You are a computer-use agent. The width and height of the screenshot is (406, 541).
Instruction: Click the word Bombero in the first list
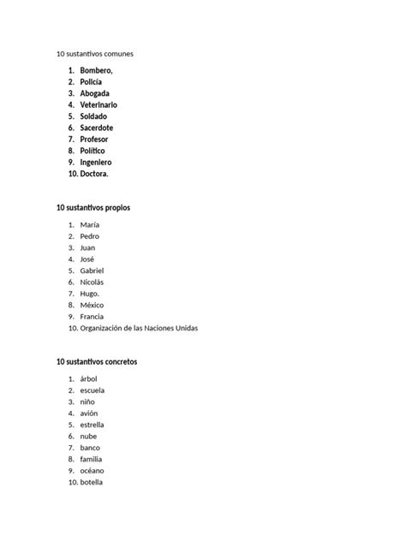[x=96, y=70]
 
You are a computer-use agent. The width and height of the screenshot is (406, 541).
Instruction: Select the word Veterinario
[x=99, y=104]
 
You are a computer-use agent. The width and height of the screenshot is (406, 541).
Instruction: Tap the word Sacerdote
[x=96, y=128]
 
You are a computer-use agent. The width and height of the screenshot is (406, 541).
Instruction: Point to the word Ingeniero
[x=96, y=162]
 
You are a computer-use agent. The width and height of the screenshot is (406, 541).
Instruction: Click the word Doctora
[x=94, y=174]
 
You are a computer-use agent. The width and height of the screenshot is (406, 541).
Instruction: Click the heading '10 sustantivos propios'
[x=93, y=208]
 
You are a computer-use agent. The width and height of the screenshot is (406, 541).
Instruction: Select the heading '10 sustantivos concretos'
[x=97, y=362]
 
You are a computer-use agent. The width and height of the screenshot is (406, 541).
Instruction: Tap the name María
[x=90, y=224]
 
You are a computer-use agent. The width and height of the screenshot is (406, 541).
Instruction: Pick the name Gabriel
[x=92, y=270]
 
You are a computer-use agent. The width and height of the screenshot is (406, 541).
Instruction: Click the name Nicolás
[x=92, y=282]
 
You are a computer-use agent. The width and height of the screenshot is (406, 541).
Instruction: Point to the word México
[x=92, y=305]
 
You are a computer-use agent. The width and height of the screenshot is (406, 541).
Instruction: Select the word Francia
[x=92, y=316]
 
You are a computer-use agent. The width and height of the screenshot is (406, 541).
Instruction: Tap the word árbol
[x=90, y=378]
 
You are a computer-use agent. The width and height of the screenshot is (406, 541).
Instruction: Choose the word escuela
[x=93, y=390]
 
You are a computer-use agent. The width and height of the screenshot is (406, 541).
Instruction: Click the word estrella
[x=93, y=425]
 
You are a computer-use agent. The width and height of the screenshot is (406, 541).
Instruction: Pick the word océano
[x=93, y=471]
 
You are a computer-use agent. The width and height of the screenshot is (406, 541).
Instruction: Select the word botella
[x=92, y=482]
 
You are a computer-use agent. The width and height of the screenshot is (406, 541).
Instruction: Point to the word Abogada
[x=95, y=93]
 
